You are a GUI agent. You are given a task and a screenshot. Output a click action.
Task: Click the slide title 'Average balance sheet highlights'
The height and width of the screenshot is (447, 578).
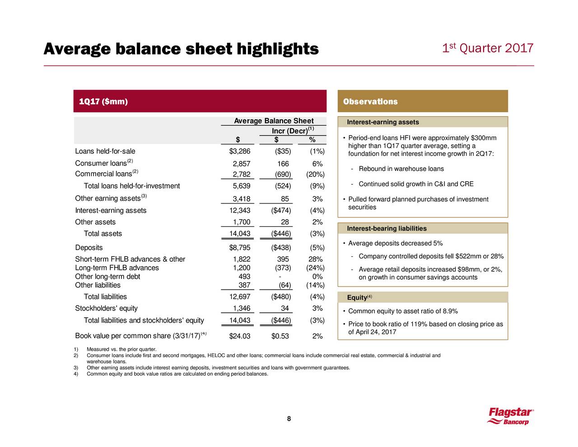pos(181,49)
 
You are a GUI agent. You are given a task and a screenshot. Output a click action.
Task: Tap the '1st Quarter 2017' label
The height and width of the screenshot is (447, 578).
pos(488,48)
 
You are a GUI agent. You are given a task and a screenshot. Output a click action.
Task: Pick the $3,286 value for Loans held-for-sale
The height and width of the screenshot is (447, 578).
pos(240,151)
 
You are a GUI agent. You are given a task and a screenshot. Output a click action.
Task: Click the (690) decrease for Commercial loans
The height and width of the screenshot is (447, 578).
pos(283,174)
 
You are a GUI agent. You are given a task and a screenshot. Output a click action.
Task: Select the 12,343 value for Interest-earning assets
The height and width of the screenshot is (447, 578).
pos(240,210)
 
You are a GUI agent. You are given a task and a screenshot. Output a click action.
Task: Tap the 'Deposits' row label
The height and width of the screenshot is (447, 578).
pos(89,248)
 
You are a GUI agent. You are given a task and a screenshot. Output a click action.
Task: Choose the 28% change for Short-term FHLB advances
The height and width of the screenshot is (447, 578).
pos(316,259)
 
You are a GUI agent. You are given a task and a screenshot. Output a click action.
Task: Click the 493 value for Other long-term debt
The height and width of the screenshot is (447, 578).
pos(244,276)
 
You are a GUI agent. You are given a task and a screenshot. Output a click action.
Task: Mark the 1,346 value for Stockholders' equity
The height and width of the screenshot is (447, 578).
pos(242,308)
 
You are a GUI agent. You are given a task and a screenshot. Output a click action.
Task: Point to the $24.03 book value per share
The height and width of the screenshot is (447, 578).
pos(240,336)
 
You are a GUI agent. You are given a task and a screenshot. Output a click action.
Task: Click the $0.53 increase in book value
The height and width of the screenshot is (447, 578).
pos(280,336)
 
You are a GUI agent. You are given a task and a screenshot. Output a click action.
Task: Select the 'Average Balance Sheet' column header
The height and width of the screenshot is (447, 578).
pos(274,121)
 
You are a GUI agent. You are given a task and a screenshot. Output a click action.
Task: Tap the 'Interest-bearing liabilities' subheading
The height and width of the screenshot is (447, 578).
pos(387,228)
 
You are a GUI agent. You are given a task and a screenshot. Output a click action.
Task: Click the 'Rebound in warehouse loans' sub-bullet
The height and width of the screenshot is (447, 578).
pos(401,169)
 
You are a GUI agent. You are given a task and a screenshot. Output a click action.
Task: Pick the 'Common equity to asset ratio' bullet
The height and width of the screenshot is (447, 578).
pos(403,311)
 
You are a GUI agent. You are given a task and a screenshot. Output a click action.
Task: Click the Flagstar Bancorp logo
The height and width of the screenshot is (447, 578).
pos(510,416)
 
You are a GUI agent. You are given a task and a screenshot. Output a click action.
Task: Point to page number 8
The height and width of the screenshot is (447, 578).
pos(289,419)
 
